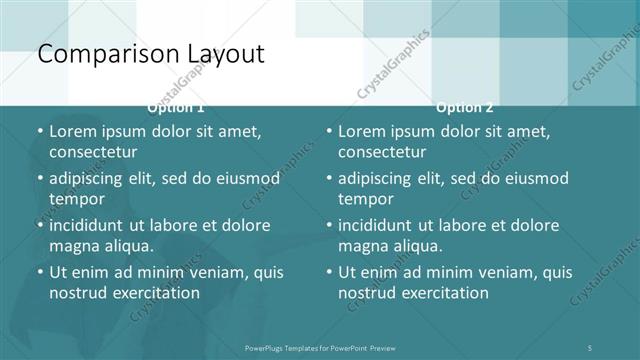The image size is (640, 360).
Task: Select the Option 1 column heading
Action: click(176, 107)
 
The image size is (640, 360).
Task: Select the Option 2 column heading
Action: click(464, 107)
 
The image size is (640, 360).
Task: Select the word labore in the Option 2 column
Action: click(482, 225)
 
